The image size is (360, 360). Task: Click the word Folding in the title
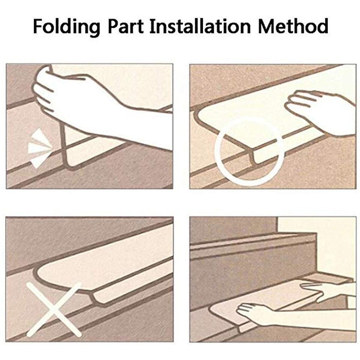click(67, 28)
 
